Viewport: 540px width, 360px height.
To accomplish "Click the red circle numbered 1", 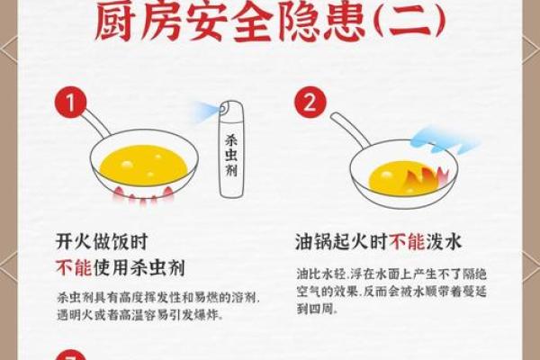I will click(x=68, y=102).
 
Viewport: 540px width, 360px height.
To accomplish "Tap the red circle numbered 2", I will click(x=311, y=102).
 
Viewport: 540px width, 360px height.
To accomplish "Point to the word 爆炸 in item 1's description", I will click(x=205, y=316).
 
